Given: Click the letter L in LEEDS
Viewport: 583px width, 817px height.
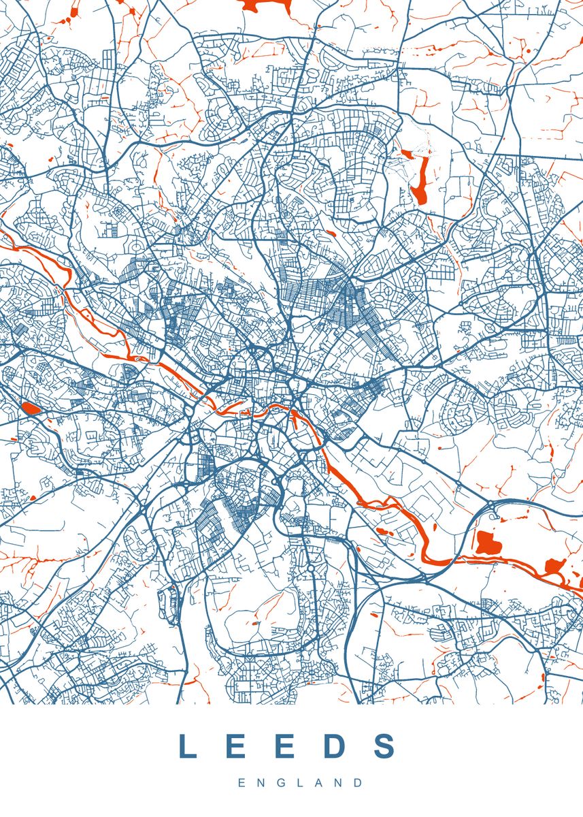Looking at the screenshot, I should (187, 747).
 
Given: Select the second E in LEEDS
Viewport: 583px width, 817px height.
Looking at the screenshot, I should (285, 747).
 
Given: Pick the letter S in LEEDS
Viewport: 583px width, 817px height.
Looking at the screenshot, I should (385, 747).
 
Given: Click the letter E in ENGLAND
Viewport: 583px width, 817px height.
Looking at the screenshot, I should (241, 784).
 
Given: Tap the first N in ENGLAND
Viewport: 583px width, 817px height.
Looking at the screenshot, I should (260, 784).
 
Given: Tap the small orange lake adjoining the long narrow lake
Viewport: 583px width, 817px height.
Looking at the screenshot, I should (407, 154).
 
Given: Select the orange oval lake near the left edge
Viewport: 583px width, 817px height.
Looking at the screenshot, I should (31, 408).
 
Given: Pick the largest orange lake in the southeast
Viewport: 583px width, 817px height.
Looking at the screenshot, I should (487, 542).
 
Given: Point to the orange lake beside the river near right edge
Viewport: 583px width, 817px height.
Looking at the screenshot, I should (554, 565).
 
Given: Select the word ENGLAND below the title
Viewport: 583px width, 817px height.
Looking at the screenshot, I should (300, 784).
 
